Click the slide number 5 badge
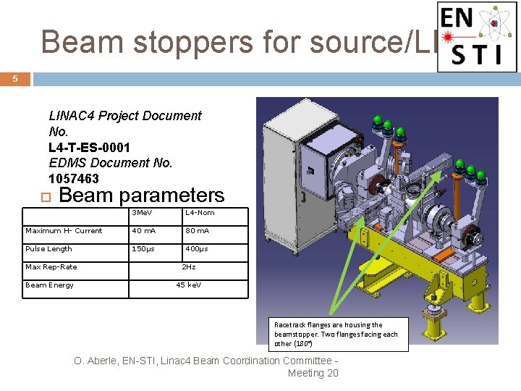tap(14, 79)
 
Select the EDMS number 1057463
tap(74, 178)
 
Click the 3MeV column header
tap(142, 213)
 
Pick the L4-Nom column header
tap(200, 213)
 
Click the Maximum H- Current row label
tap(64, 231)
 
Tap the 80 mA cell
tap(197, 231)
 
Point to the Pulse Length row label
tap(48, 249)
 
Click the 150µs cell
tap(143, 249)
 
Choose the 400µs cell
tap(197, 249)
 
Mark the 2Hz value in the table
tap(188, 267)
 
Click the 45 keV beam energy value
tap(188, 285)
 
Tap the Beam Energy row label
tap(49, 285)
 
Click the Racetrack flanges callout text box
tap(336, 334)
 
